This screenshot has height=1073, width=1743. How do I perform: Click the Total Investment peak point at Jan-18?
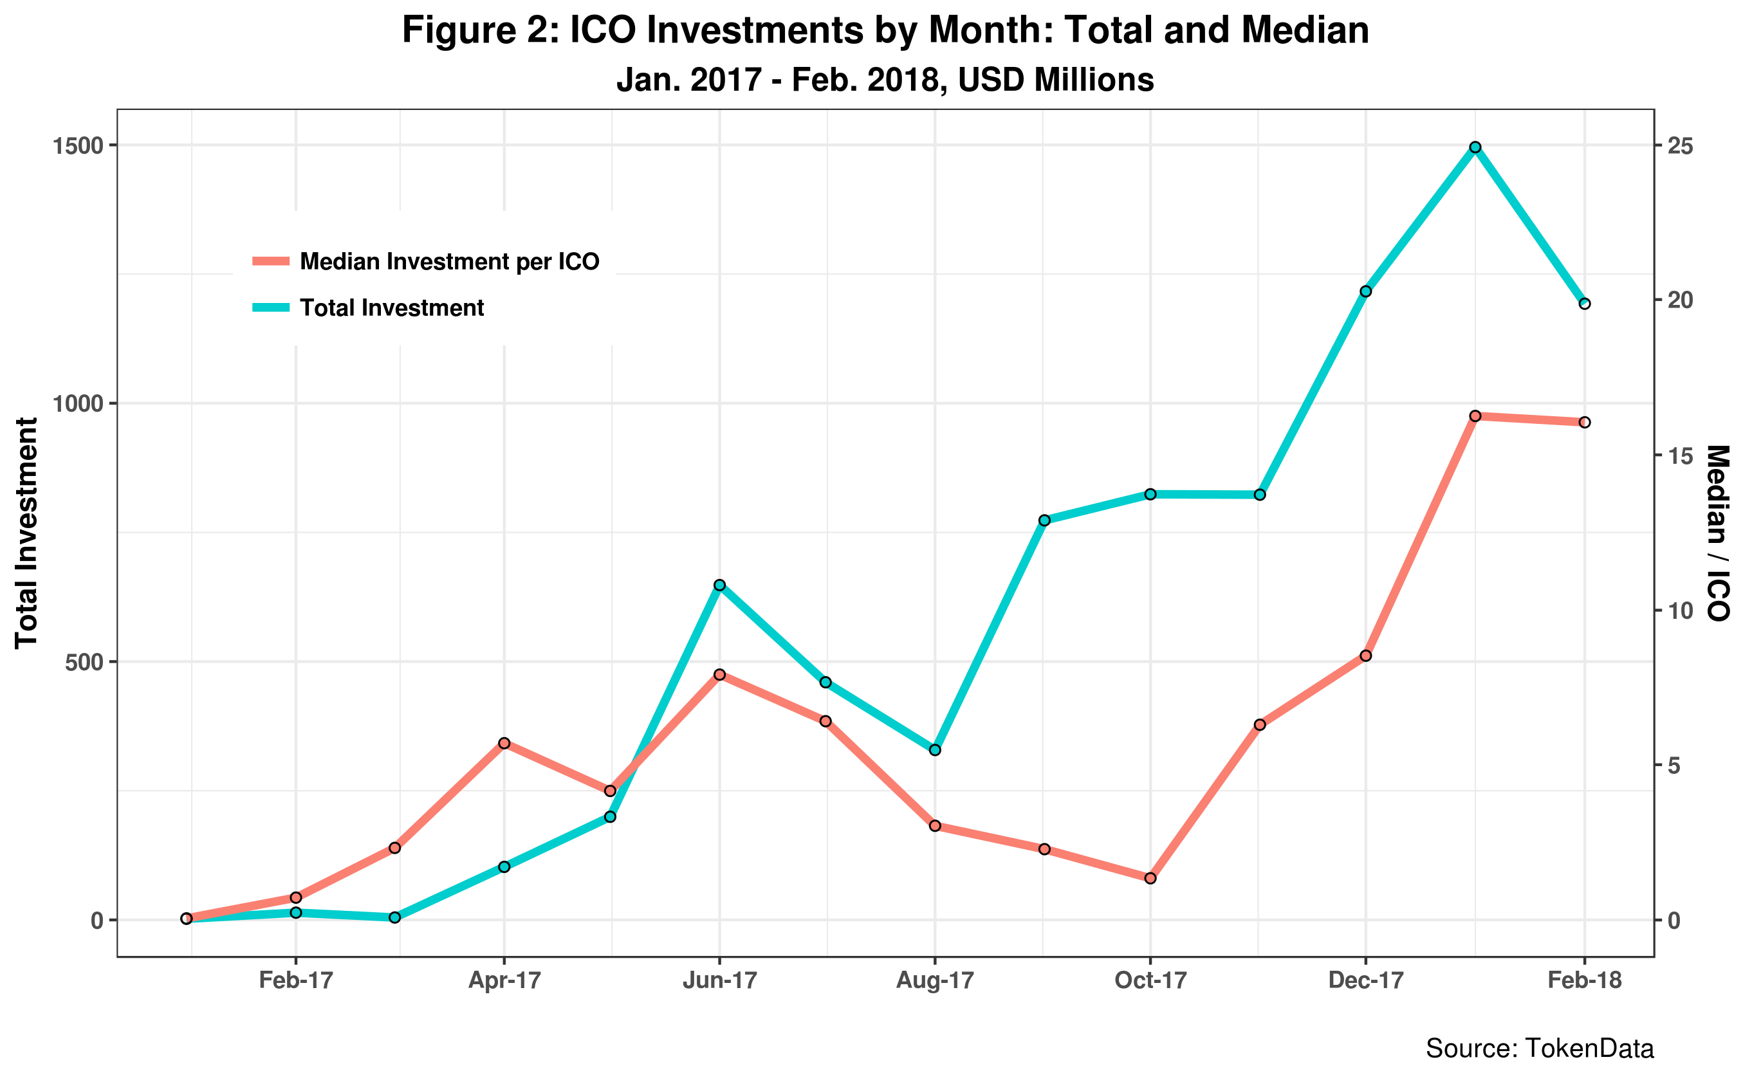(1475, 147)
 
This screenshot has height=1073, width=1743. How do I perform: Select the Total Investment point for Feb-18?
(1585, 304)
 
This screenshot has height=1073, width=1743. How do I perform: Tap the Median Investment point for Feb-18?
(1585, 422)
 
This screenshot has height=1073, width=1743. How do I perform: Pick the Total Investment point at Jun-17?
(719, 585)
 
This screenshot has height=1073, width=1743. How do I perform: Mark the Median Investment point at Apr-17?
(504, 743)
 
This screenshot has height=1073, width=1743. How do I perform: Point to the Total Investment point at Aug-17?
(935, 750)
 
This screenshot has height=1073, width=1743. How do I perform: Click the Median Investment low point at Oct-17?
(1150, 879)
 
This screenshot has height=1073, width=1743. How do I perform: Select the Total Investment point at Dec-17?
(1365, 291)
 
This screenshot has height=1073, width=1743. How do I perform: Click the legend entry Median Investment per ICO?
(449, 261)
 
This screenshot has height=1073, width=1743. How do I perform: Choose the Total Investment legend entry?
(392, 307)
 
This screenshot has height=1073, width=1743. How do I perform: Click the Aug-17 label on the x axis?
(935, 981)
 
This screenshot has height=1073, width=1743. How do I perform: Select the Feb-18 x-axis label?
(1585, 981)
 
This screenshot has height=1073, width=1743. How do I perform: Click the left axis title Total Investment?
(27, 532)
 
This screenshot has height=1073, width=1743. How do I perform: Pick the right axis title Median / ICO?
(1717, 532)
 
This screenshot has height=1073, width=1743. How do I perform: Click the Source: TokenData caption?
(1539, 1048)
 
